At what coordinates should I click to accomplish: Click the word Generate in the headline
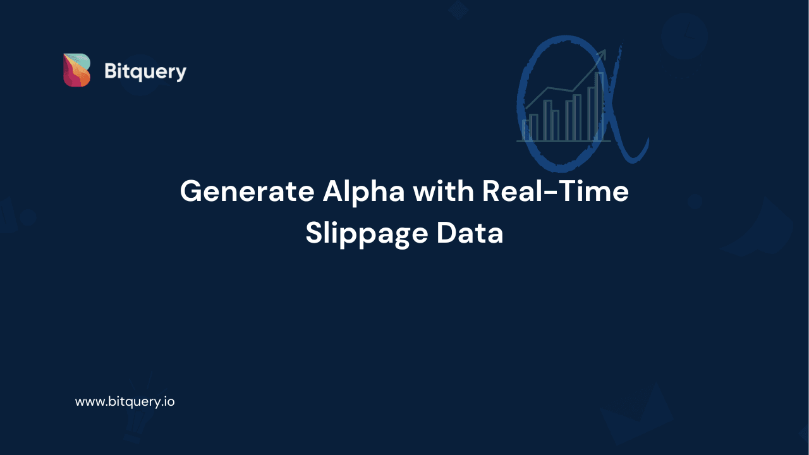click(246, 191)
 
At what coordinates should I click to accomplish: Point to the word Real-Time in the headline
click(556, 191)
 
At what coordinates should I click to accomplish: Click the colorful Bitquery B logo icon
click(76, 70)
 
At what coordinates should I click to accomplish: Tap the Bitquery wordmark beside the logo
click(145, 72)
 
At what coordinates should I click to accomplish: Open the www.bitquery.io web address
click(125, 401)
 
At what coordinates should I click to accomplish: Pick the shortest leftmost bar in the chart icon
click(525, 130)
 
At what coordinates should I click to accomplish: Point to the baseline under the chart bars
click(563, 141)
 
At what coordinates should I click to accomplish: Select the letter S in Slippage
click(315, 233)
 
